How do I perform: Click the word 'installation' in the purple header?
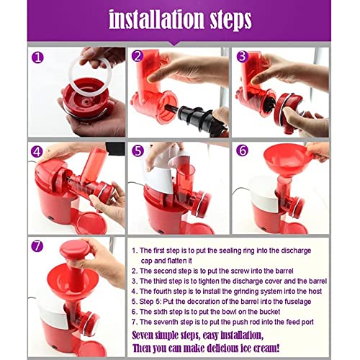coord(157,19)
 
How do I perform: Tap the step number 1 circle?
coord(37,58)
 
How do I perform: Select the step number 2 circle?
coord(138,56)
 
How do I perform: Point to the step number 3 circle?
coord(243,57)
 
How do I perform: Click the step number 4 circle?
coord(37,151)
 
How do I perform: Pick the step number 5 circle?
coord(138,150)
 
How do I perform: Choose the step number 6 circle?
coord(242,150)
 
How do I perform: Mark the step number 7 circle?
coord(37,246)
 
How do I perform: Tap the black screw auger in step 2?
coord(199,118)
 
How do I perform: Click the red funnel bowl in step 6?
coord(287,161)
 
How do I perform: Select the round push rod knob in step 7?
coord(75,248)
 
